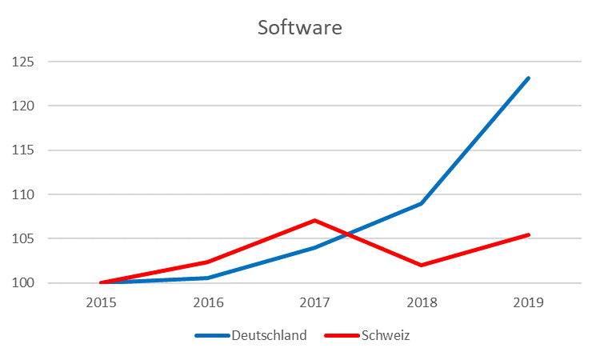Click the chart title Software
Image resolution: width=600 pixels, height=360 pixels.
(299, 28)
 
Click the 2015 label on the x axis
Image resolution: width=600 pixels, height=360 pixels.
(102, 303)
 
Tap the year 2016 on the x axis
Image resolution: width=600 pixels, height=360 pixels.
(208, 303)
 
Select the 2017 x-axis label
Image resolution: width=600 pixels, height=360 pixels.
(315, 303)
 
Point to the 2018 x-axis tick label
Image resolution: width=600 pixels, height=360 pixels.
(422, 303)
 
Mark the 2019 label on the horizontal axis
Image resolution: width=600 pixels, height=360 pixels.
(528, 303)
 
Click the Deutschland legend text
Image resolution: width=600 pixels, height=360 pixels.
(270, 336)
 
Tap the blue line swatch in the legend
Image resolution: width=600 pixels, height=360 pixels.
(212, 336)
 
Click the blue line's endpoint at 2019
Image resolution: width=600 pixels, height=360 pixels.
(528, 78)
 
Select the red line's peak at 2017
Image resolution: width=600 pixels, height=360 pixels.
(315, 220)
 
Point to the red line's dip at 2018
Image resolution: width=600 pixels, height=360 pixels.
(422, 265)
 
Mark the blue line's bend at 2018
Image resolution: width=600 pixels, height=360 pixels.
(422, 203)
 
